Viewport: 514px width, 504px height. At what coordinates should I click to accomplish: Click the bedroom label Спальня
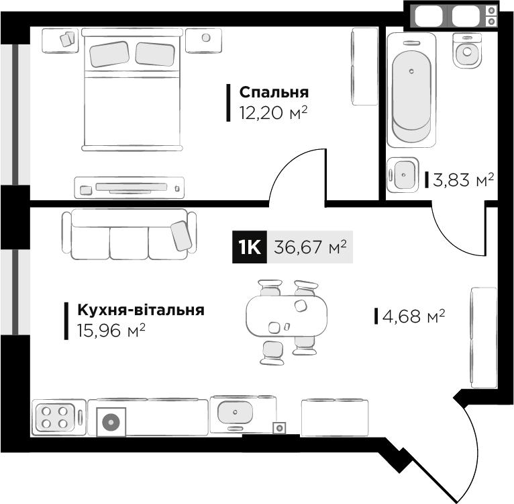click(x=274, y=92)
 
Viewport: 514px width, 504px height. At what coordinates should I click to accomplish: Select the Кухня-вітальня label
click(x=141, y=310)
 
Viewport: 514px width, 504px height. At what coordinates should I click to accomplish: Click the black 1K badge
click(x=249, y=248)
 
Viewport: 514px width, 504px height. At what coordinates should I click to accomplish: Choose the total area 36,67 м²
click(x=310, y=248)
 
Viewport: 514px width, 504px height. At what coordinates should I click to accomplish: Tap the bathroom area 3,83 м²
click(x=464, y=180)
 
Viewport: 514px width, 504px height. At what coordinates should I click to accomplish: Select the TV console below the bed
click(x=130, y=186)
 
